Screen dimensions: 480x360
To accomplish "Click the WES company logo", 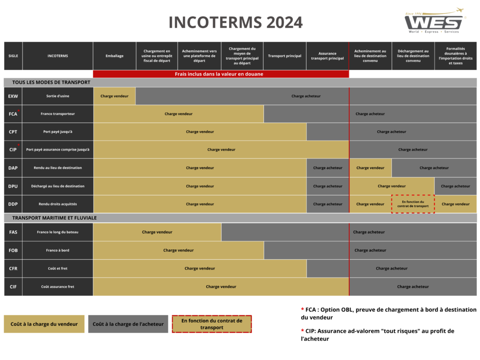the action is (435, 20).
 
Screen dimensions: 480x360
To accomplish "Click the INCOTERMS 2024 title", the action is (236, 22).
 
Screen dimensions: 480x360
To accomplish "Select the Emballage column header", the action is (114, 56).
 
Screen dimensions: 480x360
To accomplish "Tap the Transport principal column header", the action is (285, 56).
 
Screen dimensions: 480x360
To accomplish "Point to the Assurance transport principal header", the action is (328, 56).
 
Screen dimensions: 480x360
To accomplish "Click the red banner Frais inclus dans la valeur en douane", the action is (221, 74).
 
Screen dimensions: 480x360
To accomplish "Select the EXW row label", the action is (13, 96).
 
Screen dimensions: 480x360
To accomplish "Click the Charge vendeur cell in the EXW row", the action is (114, 96).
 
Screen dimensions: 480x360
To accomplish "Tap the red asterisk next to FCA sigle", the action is (19, 111).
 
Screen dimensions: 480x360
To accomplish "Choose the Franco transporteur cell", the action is (58, 114).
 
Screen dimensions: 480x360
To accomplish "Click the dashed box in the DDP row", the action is (413, 204).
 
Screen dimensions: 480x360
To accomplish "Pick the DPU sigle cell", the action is (13, 186).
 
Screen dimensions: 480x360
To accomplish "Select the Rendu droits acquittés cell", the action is (58, 204).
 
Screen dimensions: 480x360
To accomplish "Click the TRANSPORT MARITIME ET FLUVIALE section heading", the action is (54, 218).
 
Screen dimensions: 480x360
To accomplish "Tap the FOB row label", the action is (13, 250).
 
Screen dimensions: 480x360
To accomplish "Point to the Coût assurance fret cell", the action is (58, 287).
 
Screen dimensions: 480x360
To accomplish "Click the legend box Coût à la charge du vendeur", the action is (44, 324).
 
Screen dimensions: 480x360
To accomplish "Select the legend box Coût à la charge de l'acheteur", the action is (128, 324).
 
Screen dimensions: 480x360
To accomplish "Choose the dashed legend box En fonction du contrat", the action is (212, 324).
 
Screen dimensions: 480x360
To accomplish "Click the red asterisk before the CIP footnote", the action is (302, 330).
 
